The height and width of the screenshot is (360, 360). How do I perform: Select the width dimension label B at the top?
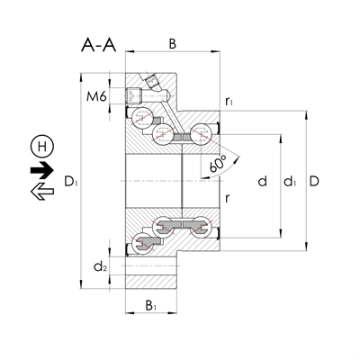click(x=173, y=42)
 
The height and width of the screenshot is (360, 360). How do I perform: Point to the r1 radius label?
click(x=230, y=102)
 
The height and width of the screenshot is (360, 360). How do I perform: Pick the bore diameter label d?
click(x=261, y=181)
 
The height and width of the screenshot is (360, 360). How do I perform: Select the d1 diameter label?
click(x=289, y=182)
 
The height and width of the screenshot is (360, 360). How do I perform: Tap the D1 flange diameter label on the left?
click(x=70, y=182)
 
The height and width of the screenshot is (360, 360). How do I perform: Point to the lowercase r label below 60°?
click(x=229, y=200)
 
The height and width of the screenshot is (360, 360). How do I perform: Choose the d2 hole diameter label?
click(x=99, y=265)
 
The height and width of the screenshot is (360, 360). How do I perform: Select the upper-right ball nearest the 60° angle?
click(x=199, y=135)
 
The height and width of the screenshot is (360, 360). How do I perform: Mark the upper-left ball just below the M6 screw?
click(x=142, y=119)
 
